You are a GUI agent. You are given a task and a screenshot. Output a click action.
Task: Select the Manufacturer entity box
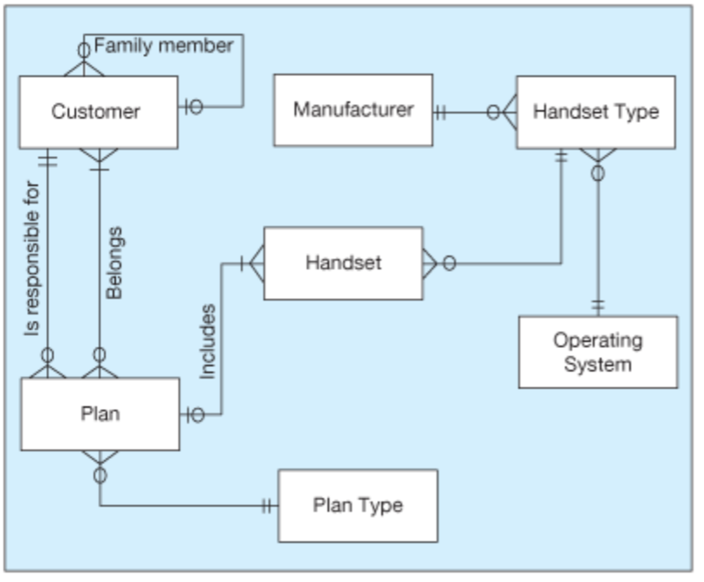coord(353,110)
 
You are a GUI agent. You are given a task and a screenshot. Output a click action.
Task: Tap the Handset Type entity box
coord(596,112)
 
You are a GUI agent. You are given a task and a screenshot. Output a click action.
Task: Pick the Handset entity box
coord(343,263)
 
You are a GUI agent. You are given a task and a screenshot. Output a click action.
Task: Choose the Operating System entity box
coord(597,352)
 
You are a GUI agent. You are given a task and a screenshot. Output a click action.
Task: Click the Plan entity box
coord(100,414)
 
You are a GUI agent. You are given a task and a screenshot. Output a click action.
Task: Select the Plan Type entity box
coord(358,505)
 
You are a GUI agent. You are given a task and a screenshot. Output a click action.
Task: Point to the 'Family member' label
coord(163,46)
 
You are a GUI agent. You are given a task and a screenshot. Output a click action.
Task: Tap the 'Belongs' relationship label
coord(113,263)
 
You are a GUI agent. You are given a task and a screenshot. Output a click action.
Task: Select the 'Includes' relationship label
coord(207,341)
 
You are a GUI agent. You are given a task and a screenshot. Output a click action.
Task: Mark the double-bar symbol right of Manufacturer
coord(441,112)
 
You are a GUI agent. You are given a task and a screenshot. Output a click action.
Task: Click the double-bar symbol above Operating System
coord(597,306)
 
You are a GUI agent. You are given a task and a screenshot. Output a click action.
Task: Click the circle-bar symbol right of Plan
coord(194,415)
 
